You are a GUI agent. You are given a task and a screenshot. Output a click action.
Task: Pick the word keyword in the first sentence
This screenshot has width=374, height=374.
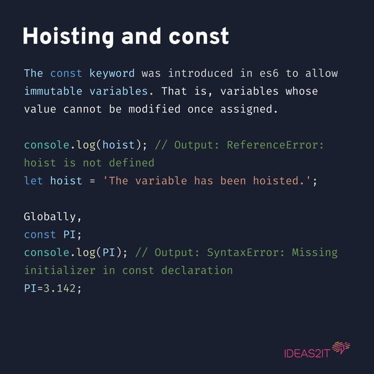pos(112,74)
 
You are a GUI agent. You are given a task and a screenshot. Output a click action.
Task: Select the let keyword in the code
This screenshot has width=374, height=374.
pos(33,181)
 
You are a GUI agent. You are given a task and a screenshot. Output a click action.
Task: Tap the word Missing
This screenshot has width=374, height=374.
pos(318,253)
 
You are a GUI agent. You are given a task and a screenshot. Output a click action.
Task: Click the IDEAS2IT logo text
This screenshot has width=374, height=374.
pos(307,353)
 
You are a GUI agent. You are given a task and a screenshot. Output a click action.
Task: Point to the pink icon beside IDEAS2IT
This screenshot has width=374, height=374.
pos(341,349)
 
